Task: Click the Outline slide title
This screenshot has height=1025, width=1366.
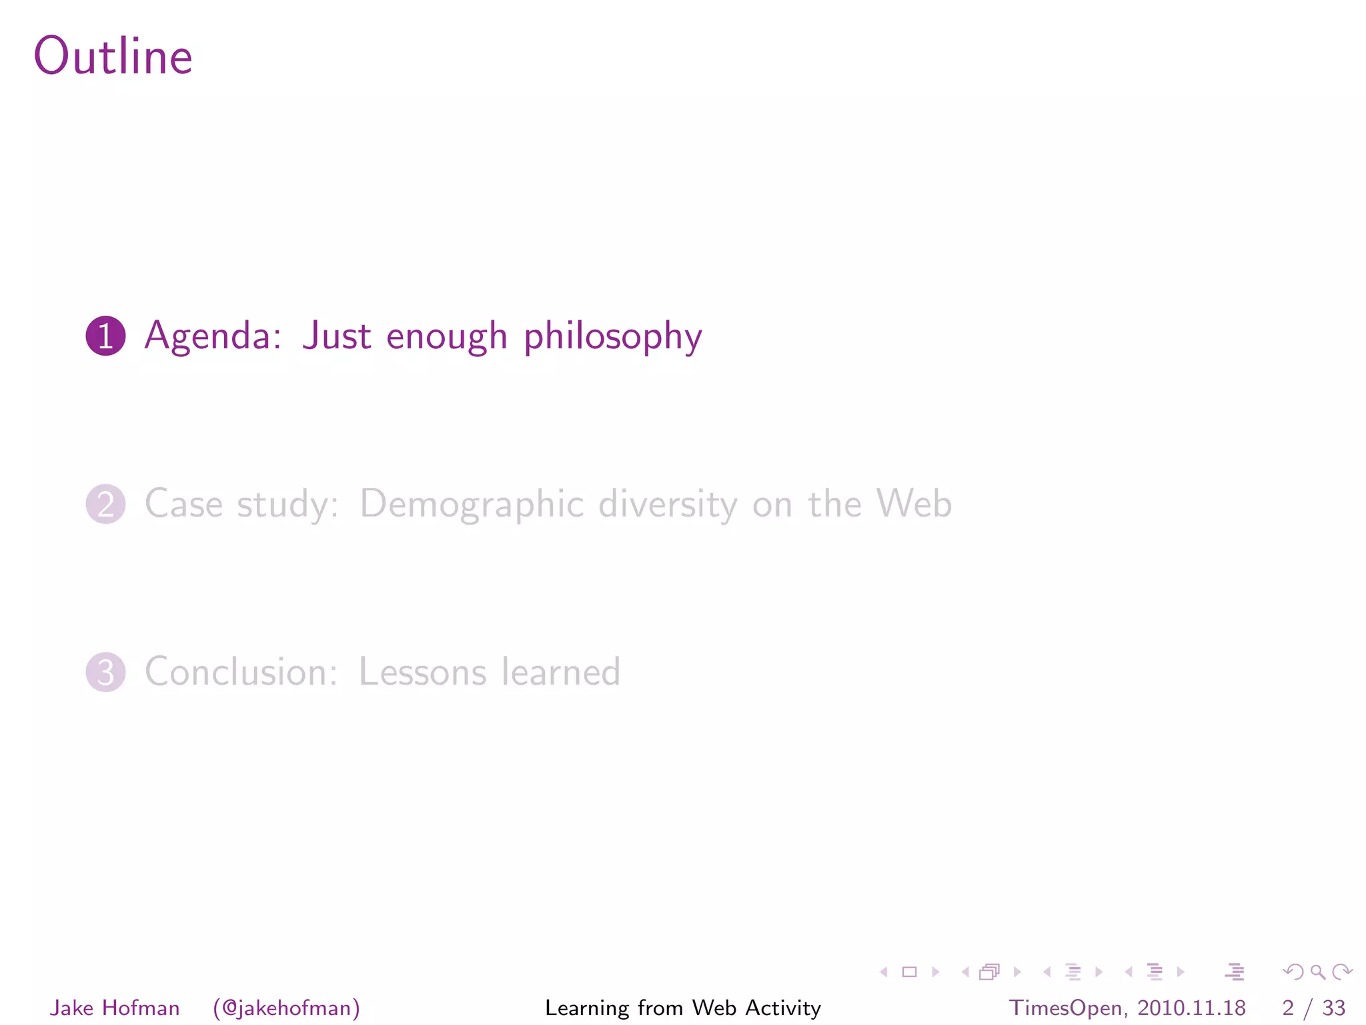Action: tap(113, 56)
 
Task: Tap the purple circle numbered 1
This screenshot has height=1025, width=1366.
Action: tap(105, 336)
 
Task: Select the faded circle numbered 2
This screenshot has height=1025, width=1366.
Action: tap(105, 504)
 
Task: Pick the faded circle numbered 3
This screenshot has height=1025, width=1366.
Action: tap(105, 672)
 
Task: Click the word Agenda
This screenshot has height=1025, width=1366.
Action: tap(213, 336)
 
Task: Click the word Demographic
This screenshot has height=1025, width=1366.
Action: tap(472, 504)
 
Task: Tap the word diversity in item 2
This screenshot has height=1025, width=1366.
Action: tap(668, 504)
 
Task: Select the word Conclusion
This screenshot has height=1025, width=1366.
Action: tap(241, 672)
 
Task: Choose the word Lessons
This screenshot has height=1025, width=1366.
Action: tap(422, 672)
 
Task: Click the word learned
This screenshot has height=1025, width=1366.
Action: tap(561, 672)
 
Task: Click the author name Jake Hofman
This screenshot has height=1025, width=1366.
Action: tap(115, 1008)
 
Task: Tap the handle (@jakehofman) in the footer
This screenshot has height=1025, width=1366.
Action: tap(286, 1008)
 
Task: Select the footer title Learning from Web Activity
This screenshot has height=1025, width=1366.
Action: tap(683, 1008)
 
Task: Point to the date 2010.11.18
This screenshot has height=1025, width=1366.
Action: tap(1191, 1008)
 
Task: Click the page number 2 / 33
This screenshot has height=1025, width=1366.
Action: tap(1313, 1008)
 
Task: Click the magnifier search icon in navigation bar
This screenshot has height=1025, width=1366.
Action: tap(1317, 972)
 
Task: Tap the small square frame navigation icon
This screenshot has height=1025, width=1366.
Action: tap(909, 972)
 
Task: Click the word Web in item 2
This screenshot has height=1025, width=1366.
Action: tap(914, 504)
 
